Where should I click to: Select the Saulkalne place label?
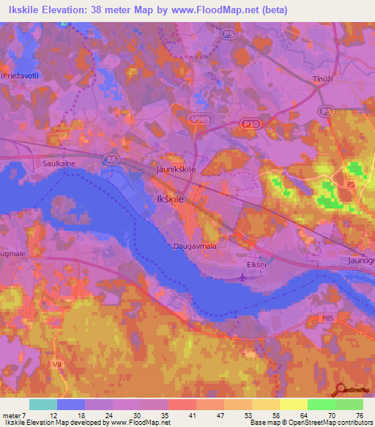click(59, 164)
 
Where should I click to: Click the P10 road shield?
click(250, 125)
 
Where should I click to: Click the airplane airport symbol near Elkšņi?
click(244, 276)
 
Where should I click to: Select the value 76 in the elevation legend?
click(360, 415)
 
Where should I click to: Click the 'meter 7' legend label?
click(13, 415)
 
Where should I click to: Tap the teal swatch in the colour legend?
click(43, 404)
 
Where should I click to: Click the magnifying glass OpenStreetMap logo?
click(341, 390)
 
